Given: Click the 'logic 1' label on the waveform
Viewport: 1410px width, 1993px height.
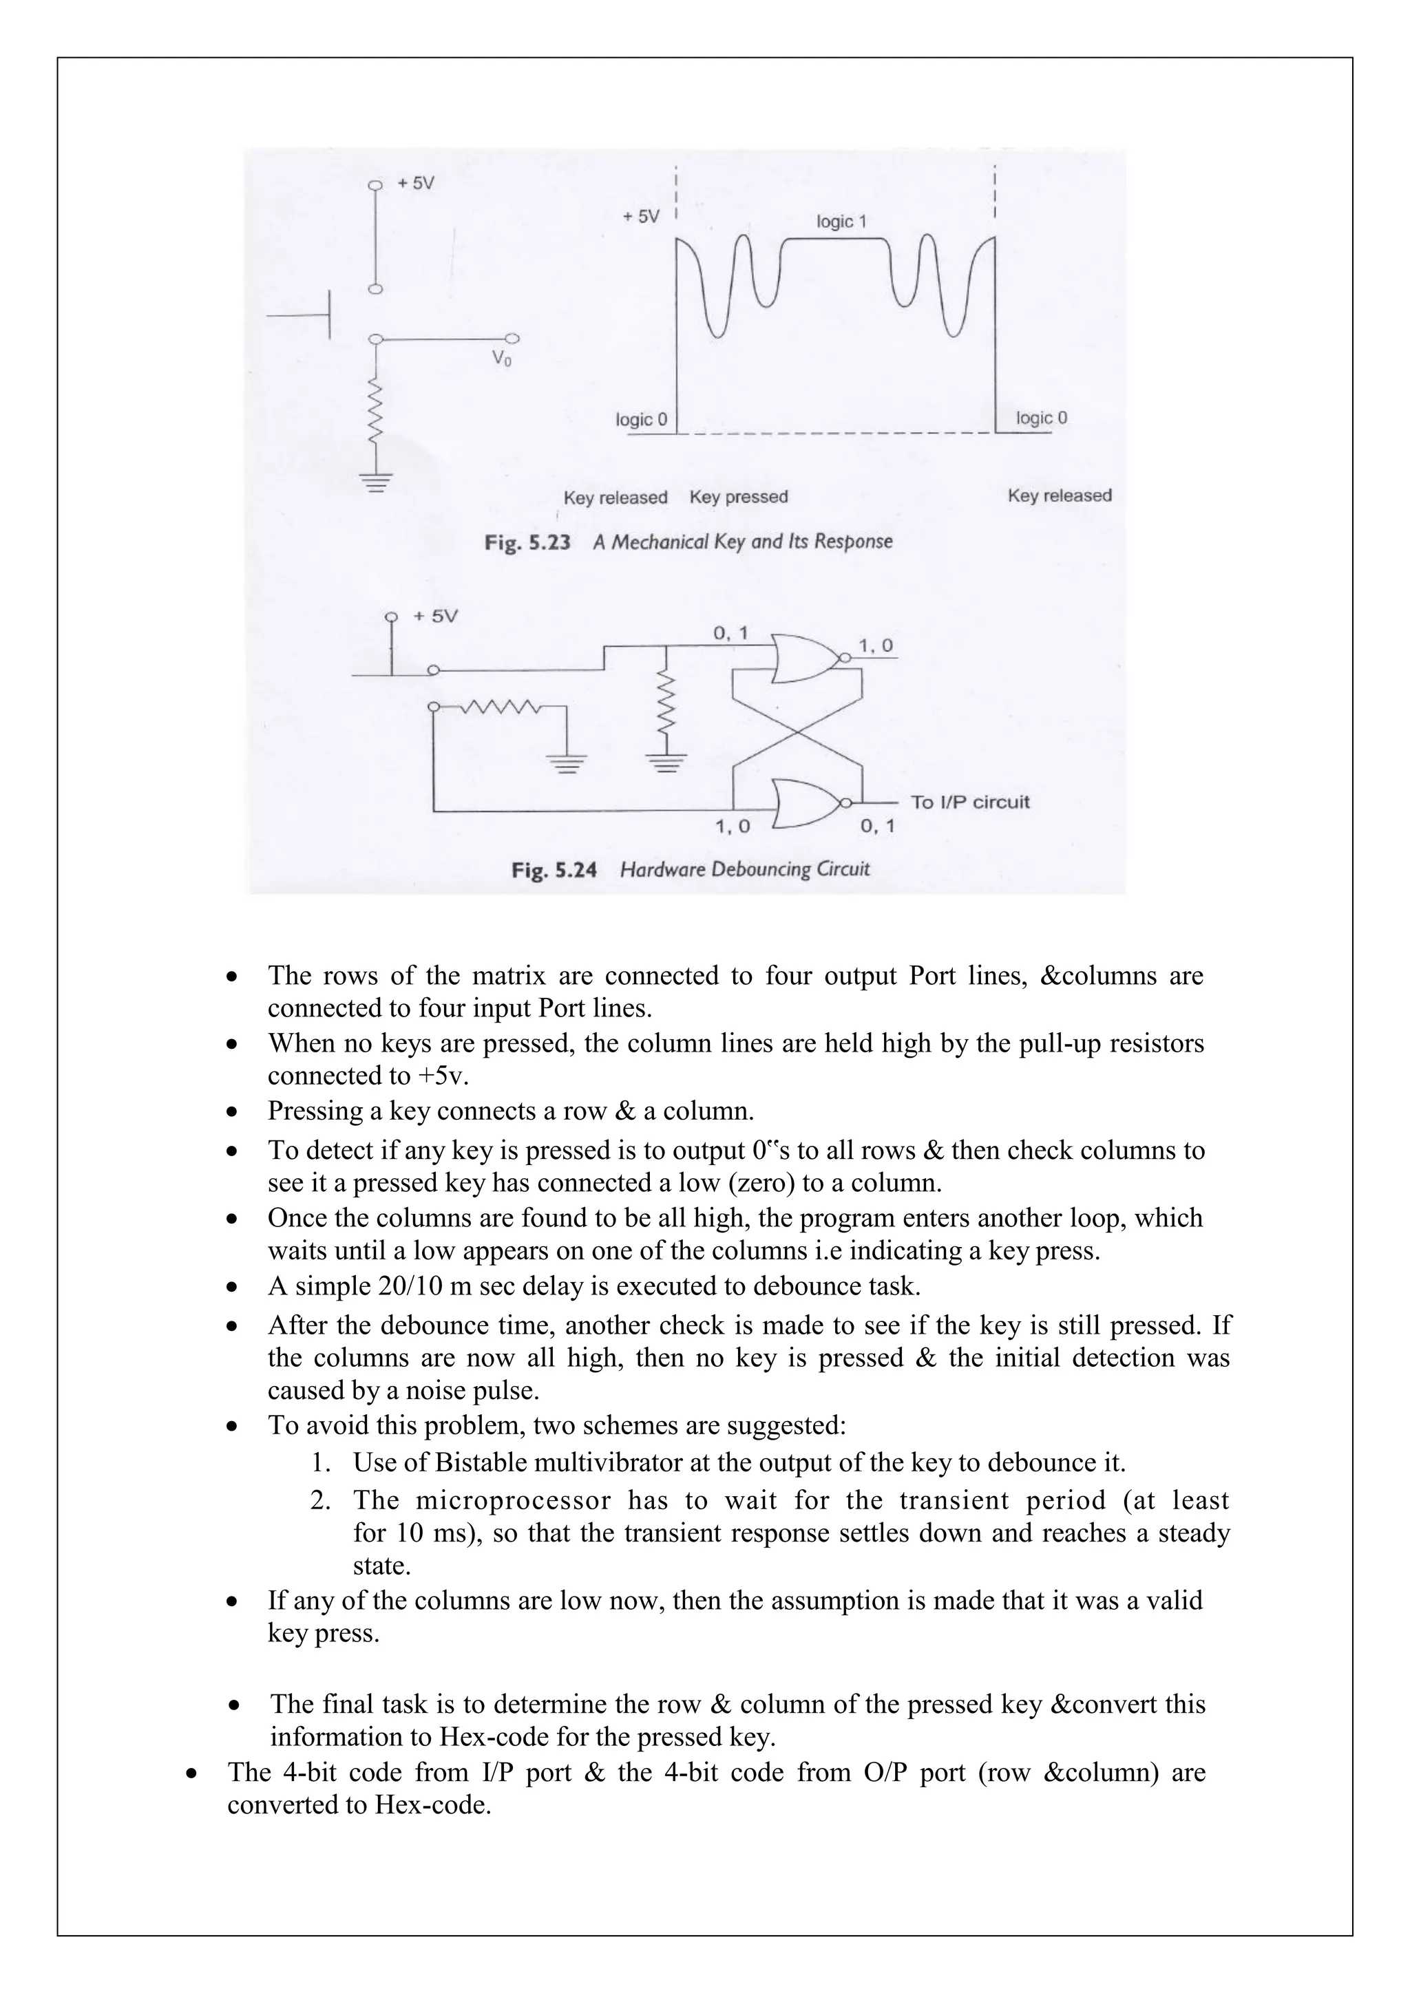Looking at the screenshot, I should tap(841, 222).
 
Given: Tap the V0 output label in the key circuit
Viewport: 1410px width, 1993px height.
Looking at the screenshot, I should tap(501, 358).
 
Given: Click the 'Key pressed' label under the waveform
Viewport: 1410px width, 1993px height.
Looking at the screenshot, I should tap(738, 498).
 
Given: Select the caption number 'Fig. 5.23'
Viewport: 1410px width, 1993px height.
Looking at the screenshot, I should tap(527, 542).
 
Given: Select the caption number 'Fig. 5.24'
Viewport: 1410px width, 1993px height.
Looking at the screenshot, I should tap(554, 870).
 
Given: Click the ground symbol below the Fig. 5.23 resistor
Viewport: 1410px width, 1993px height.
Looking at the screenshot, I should tap(375, 482).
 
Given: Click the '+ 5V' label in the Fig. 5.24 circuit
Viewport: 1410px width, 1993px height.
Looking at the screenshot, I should tap(435, 617).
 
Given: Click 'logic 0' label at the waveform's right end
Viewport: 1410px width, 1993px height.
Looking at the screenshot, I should tap(1041, 418).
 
